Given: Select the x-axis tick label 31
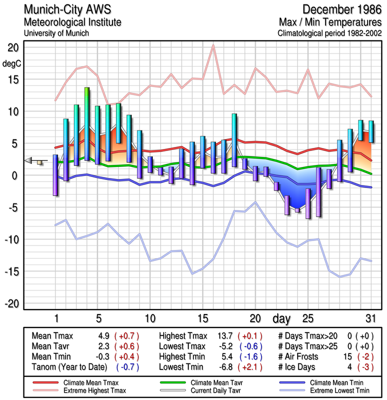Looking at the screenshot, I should point(370,318).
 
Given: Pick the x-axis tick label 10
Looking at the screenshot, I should point(150,318).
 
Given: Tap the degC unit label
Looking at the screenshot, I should point(12,63).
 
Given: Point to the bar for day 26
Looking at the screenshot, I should point(319,192).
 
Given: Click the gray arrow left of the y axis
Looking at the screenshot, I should point(29,160).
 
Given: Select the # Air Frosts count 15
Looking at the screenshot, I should point(352,356).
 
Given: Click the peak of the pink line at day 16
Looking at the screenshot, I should point(213,45).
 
